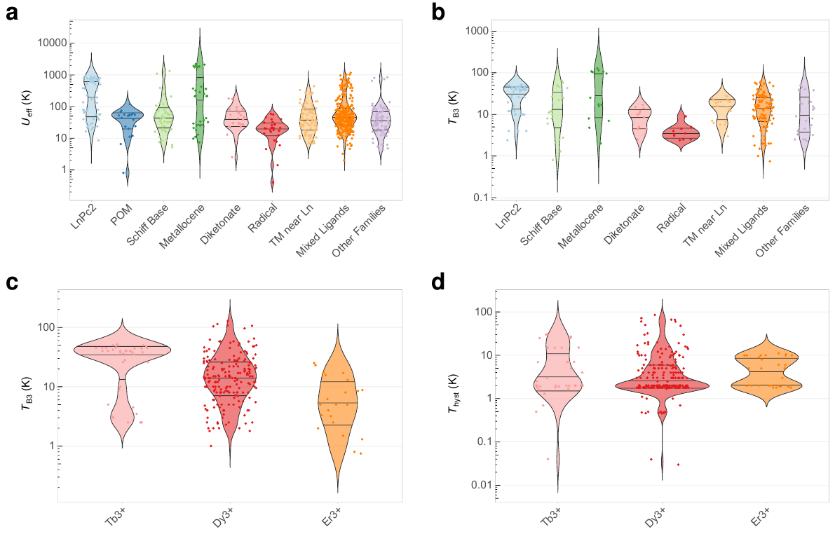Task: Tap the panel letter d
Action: (439, 282)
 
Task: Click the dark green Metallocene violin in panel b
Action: (599, 91)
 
